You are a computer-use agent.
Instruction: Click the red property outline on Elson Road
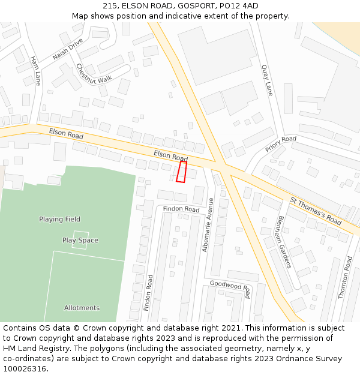click(181, 172)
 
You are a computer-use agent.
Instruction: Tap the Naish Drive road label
click(68, 49)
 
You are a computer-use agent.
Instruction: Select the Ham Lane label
click(35, 71)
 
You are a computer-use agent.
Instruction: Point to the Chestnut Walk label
click(94, 73)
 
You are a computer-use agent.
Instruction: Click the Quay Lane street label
click(267, 80)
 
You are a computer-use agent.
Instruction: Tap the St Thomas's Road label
click(316, 211)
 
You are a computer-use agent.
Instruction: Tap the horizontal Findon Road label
click(181, 209)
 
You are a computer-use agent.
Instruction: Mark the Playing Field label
click(59, 219)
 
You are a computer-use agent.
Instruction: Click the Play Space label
click(80, 240)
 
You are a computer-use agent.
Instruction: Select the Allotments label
click(82, 308)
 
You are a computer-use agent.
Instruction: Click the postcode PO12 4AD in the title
click(239, 5)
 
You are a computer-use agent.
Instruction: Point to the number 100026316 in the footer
click(25, 368)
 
